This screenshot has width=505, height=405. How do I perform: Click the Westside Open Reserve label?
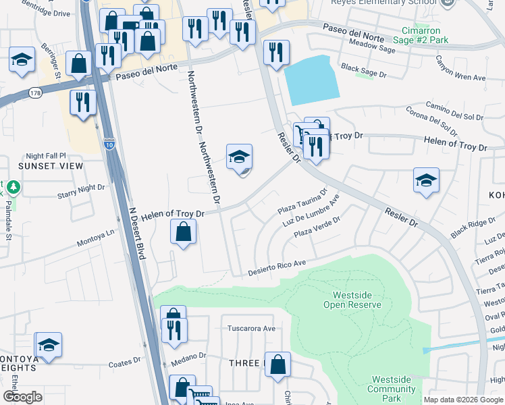click(357, 300)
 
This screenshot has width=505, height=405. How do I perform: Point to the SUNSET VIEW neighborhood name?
click(51, 166)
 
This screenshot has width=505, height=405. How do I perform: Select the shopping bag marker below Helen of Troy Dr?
click(183, 234)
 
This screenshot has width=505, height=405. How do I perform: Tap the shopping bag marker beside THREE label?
click(277, 366)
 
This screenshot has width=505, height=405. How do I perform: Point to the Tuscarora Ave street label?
click(251, 329)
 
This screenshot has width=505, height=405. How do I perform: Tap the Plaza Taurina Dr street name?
click(302, 202)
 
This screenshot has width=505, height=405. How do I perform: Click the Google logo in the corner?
click(22, 397)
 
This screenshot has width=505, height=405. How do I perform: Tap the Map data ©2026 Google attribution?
click(462, 400)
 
